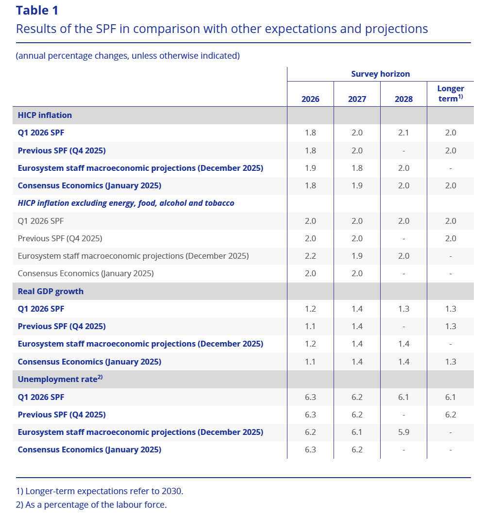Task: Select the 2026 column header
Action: point(310,99)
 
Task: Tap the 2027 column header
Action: point(357,99)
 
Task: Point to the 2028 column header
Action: point(403,99)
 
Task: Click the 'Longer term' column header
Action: point(450,93)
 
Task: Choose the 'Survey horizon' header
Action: point(380,74)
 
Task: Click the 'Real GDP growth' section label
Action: point(50,291)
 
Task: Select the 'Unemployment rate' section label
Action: point(57,380)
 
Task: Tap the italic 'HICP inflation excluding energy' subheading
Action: point(126,203)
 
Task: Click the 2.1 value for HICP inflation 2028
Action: point(403,133)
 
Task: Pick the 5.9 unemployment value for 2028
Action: point(403,432)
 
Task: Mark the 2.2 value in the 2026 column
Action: point(310,256)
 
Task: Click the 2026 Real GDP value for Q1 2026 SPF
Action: point(310,309)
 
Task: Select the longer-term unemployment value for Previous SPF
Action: point(451,415)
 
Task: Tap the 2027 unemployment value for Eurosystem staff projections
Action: point(357,432)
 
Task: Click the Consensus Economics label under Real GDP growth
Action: point(89,362)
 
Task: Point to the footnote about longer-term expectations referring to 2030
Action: point(100,491)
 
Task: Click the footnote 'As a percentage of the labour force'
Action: point(91,505)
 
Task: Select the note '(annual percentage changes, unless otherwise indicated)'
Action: point(128,56)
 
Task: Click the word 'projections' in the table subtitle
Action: point(396,29)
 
